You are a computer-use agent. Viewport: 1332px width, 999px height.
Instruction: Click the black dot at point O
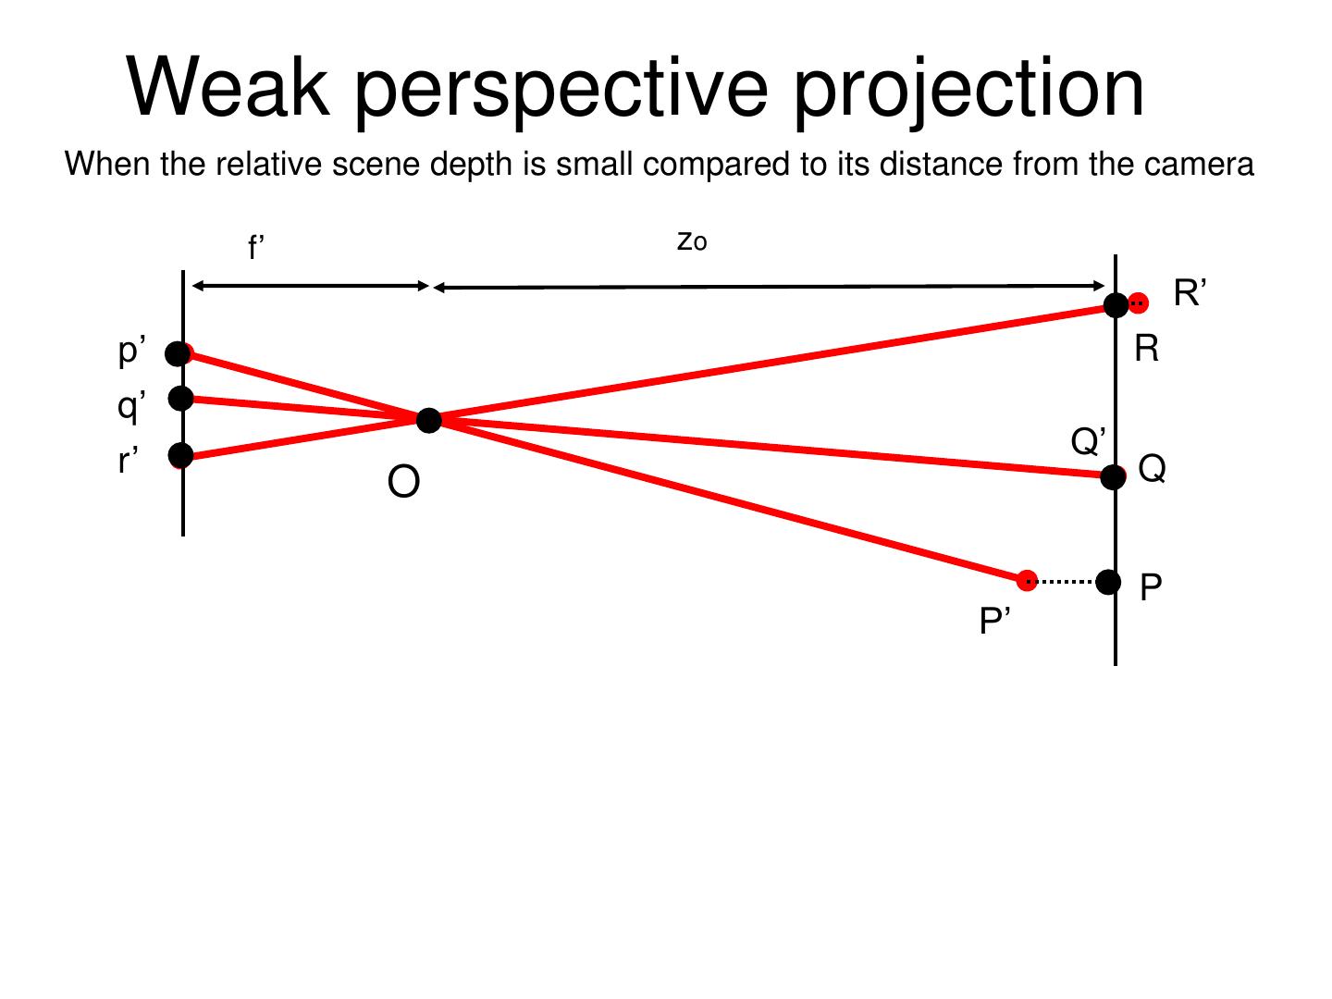click(x=429, y=421)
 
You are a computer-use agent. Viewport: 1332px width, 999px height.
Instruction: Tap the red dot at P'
click(x=1026, y=580)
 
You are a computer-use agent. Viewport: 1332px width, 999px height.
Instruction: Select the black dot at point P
click(x=1108, y=582)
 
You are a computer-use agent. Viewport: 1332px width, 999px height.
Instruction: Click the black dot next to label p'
click(x=178, y=353)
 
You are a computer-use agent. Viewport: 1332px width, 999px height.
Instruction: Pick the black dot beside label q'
click(x=181, y=398)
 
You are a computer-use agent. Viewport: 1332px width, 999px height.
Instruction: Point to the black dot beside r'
click(x=181, y=455)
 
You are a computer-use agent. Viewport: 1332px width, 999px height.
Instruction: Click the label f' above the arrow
click(x=256, y=248)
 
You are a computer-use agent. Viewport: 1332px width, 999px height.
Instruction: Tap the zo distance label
click(x=692, y=241)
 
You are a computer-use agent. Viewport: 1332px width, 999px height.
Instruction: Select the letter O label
click(x=403, y=482)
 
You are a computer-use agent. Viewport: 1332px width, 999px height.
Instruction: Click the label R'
click(x=1190, y=293)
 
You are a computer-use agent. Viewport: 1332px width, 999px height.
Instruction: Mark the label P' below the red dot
click(x=995, y=622)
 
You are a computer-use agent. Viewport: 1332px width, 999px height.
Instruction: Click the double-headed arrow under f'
click(x=310, y=286)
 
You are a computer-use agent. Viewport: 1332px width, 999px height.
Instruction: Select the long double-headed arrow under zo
click(x=769, y=287)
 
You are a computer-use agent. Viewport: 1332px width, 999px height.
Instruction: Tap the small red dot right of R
click(x=1140, y=302)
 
